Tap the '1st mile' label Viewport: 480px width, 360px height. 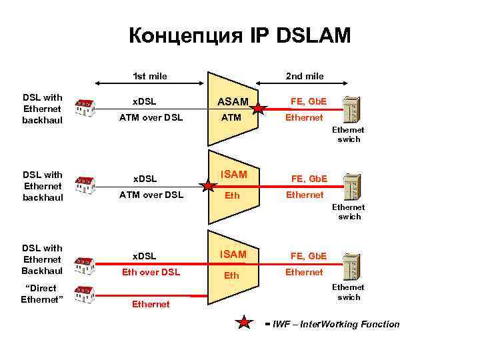[x=150, y=76]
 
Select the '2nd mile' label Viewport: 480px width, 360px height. [x=305, y=76]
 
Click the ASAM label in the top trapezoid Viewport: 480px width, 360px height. [x=233, y=102]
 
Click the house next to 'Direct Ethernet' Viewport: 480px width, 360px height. [x=83, y=293]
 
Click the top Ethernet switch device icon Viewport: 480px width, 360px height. [x=352, y=109]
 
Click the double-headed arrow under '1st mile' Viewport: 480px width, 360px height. [x=150, y=85]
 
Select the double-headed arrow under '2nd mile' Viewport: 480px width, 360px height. [x=304, y=85]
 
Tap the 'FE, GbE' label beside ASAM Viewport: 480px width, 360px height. [x=307, y=102]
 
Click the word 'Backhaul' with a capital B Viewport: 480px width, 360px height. [x=42, y=270]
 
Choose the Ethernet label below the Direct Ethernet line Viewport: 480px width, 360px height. [x=150, y=304]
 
